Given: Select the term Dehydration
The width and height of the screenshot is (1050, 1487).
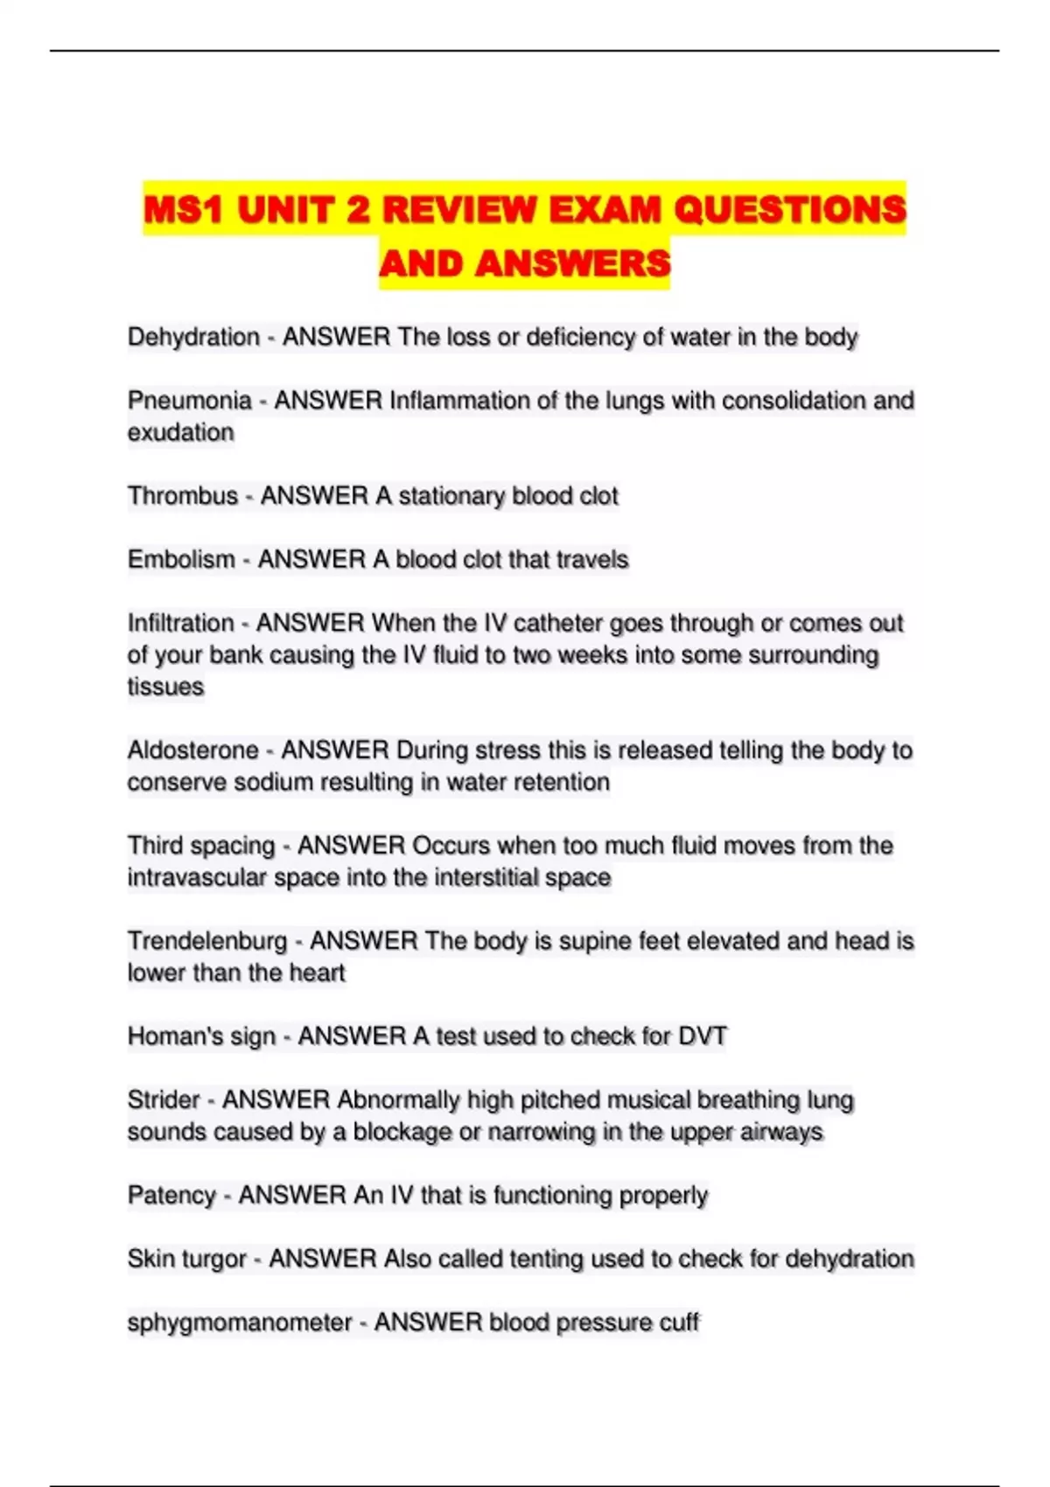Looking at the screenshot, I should [193, 337].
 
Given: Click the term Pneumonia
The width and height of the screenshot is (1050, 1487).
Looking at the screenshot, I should [189, 401].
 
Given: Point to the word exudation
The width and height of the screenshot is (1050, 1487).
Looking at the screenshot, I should [180, 432].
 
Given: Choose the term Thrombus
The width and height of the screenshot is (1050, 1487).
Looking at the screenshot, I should [182, 496].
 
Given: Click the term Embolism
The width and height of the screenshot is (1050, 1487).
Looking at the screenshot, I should [181, 559].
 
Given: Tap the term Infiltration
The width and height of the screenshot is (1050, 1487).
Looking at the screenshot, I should [180, 623].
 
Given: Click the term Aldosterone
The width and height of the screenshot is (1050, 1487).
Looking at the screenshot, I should [193, 750].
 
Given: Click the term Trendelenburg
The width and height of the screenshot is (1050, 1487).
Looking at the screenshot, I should [206, 941].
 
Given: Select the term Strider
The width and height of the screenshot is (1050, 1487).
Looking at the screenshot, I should [164, 1100].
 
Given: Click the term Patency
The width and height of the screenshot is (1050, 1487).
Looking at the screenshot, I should [171, 1195].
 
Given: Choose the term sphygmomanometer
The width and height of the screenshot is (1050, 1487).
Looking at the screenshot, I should [239, 1322].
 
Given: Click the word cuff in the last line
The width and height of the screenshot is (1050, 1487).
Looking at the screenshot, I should [678, 1322].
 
